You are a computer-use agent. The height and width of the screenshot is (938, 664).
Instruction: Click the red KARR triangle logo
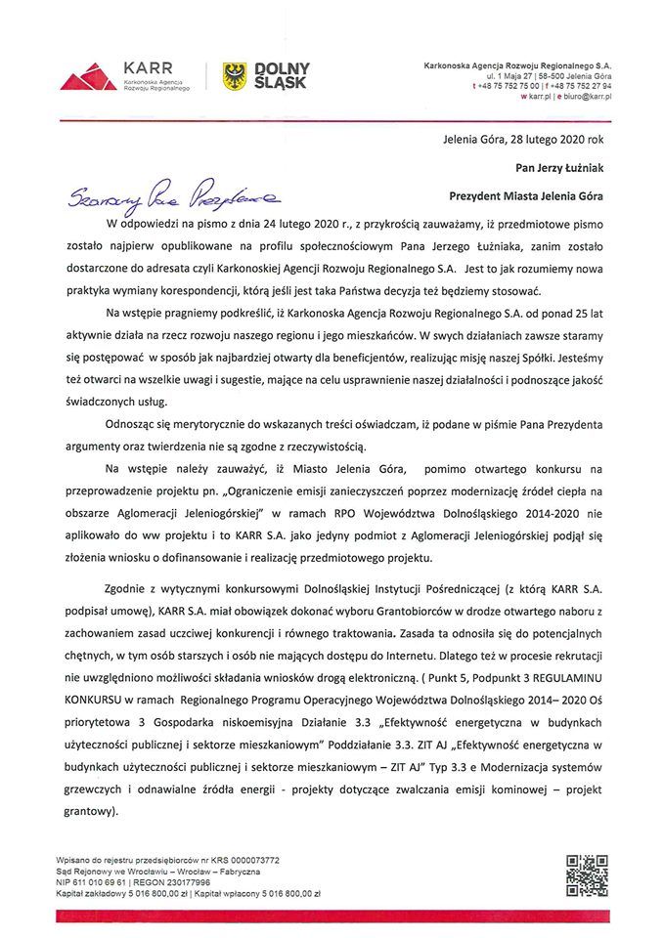point(88,76)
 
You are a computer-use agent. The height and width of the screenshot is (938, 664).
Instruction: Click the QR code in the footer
point(587,874)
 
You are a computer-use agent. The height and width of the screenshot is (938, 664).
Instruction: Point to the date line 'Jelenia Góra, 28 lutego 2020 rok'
point(523,140)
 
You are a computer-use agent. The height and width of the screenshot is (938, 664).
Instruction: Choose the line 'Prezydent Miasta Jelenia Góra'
point(533,195)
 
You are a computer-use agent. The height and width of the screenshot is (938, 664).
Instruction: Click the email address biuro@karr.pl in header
point(586,98)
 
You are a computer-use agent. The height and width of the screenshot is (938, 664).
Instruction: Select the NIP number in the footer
point(104,882)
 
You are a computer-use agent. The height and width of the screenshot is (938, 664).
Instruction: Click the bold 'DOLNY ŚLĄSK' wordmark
point(282,75)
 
